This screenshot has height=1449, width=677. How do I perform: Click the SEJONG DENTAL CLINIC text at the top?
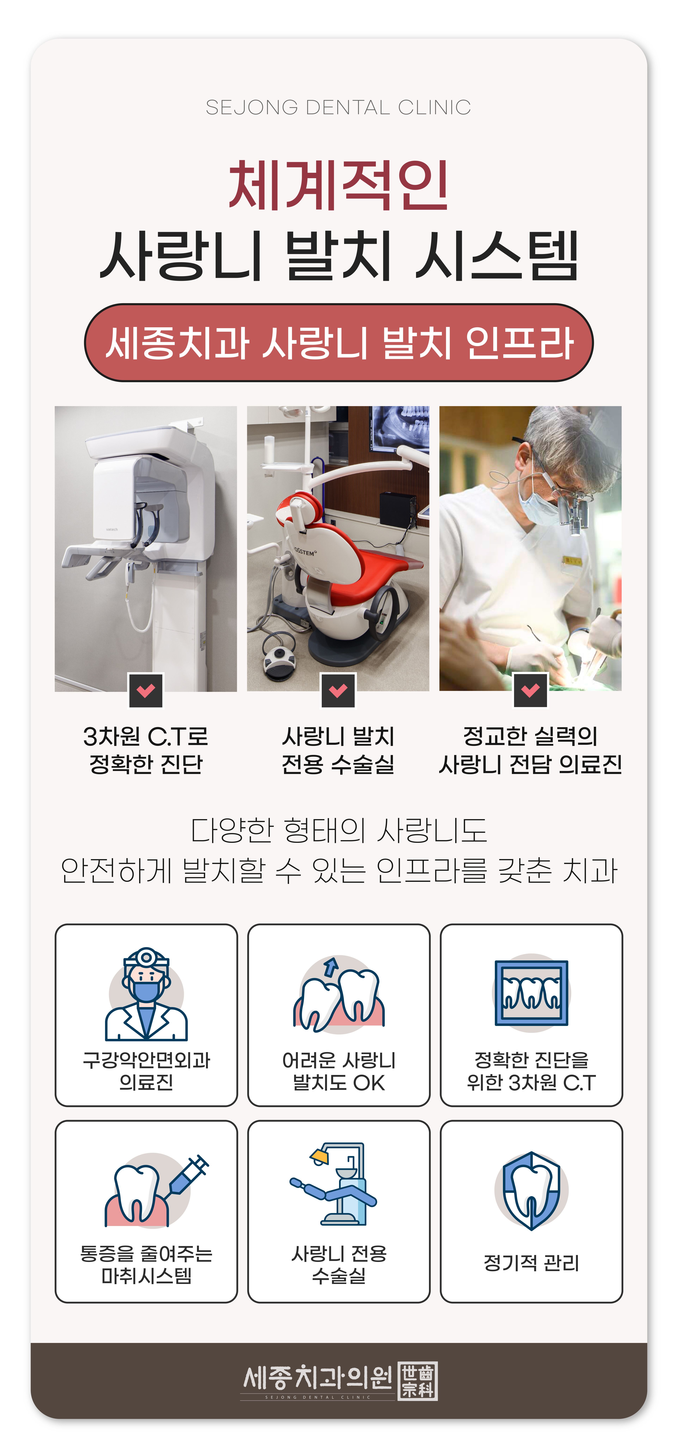[338, 107]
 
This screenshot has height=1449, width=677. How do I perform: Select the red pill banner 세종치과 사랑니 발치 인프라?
[338, 343]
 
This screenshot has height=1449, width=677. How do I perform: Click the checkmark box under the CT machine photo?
[146, 690]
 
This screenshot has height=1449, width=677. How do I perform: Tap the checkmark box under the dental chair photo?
[338, 690]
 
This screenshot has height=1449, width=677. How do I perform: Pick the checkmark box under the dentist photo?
[530, 690]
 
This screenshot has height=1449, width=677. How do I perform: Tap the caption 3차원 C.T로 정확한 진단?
[146, 750]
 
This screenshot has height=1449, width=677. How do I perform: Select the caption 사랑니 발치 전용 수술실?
[338, 750]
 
